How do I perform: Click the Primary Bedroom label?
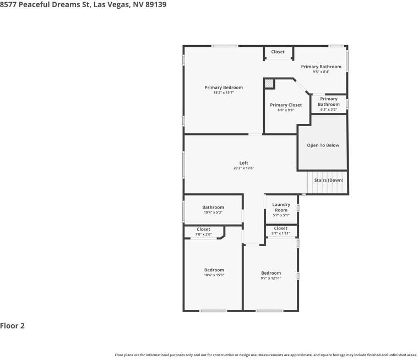(224, 88)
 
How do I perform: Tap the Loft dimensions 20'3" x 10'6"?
(243, 168)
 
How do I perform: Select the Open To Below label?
(323, 145)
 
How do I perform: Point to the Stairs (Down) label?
(329, 180)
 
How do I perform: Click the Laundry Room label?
(281, 208)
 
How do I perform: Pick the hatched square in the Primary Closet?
(269, 84)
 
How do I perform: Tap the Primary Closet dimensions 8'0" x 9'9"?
(286, 110)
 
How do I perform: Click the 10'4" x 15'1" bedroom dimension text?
(214, 275)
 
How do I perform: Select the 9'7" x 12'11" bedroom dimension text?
(271, 278)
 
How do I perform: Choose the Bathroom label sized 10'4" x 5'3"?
(213, 208)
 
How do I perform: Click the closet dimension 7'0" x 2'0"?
(203, 234)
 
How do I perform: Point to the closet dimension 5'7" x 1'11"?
(281, 233)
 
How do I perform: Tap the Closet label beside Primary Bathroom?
(278, 52)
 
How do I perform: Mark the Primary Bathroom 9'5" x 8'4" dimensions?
(321, 72)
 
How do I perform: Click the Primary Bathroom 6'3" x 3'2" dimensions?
(329, 109)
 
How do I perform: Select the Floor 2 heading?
(12, 326)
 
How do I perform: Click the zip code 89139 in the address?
(156, 4)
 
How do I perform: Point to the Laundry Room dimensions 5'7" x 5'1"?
(281, 215)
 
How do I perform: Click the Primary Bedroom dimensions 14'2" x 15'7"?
(224, 92)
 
